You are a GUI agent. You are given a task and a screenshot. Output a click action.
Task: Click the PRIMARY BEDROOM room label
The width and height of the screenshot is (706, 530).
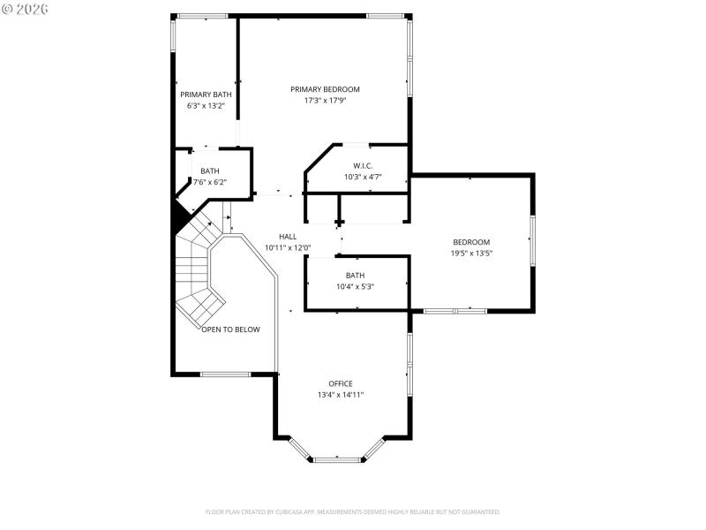pos(325,89)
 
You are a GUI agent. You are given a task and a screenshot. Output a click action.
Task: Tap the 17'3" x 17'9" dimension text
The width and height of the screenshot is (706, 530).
pos(325,101)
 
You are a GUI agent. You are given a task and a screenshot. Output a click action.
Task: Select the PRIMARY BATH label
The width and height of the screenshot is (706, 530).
pos(206,95)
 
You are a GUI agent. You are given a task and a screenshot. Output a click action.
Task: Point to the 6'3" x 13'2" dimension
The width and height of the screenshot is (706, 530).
pos(206,106)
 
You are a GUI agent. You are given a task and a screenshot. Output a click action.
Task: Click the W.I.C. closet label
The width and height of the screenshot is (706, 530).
pos(363,166)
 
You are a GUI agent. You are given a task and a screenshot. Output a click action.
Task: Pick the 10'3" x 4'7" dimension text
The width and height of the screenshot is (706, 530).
pos(363,177)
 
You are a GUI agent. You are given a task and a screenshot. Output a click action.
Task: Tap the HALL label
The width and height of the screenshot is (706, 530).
pos(288,237)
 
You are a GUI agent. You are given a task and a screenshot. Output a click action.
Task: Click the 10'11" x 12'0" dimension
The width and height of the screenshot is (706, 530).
pos(288,248)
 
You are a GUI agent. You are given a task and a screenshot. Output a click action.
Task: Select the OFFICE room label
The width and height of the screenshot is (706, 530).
pos(341,383)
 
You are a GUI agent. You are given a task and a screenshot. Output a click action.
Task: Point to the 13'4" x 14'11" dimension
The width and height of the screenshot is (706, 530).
pos(341,395)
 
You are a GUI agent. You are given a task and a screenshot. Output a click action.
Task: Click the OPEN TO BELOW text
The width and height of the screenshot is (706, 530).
pos(230,329)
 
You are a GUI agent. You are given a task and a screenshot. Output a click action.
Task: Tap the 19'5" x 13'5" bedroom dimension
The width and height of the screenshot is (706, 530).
pos(471,254)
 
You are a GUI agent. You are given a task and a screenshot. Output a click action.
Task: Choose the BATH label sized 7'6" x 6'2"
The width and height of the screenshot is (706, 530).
pos(210,171)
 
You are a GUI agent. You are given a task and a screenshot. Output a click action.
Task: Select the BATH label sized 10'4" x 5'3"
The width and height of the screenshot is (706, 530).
pos(355,276)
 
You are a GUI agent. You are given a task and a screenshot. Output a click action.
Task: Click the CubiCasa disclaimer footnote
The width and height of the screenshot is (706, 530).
pos(353,511)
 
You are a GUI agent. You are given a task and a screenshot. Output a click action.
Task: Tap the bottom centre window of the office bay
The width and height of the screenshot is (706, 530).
pos(339,459)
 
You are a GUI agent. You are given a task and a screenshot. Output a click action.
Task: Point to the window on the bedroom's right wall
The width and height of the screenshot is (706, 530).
pos(531,239)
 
